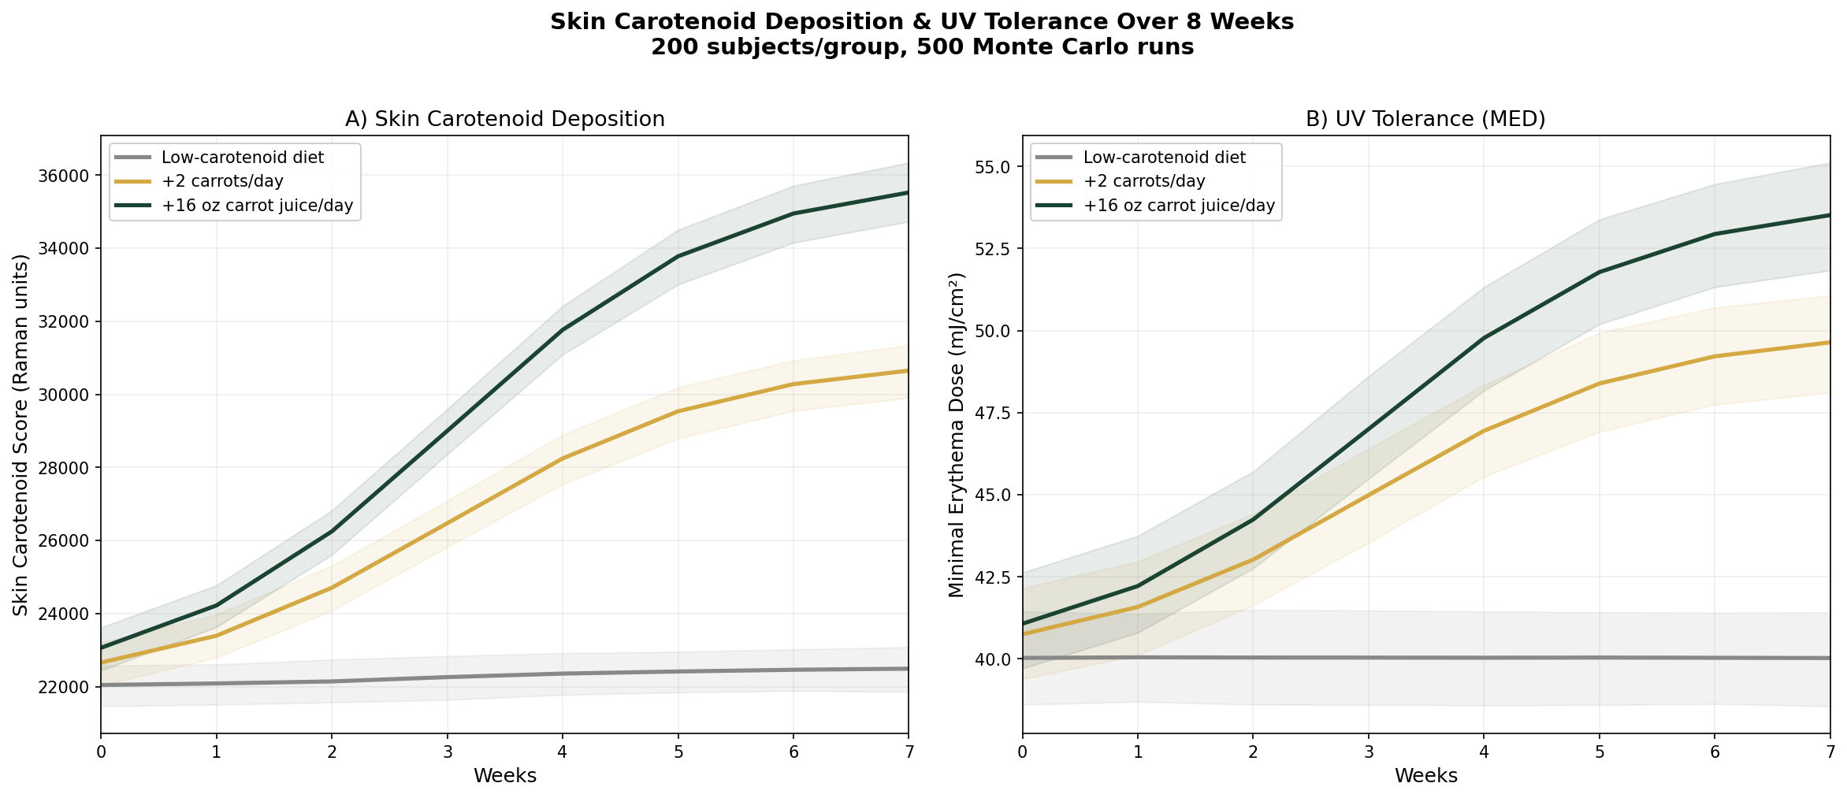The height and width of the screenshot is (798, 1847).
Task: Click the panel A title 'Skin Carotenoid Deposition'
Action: click(x=504, y=119)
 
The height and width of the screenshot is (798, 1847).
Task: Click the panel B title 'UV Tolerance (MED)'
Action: click(x=1425, y=119)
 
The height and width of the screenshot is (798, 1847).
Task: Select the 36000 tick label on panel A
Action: click(x=65, y=176)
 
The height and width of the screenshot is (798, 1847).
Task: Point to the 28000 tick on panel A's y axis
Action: click(x=65, y=468)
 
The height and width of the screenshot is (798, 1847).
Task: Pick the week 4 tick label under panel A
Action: click(x=563, y=752)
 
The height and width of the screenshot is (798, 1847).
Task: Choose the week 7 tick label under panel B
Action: click(x=1830, y=752)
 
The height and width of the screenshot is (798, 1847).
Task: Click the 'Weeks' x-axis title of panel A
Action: click(x=504, y=776)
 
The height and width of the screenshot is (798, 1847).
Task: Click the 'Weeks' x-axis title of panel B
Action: click(x=1425, y=776)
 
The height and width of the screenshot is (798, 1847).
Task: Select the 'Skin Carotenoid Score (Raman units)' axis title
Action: click(x=21, y=435)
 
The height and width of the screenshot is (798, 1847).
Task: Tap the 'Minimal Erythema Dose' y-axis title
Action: click(x=956, y=435)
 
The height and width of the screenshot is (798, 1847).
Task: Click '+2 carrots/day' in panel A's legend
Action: click(x=222, y=182)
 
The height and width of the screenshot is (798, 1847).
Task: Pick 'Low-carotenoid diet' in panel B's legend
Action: click(x=1165, y=158)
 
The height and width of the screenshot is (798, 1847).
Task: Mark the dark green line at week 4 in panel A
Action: click(x=563, y=330)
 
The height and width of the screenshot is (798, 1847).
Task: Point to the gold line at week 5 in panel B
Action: click(x=1599, y=384)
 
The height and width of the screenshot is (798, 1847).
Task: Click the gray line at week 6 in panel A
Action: click(x=793, y=670)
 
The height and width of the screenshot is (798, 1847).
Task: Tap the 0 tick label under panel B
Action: click(x=1022, y=752)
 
